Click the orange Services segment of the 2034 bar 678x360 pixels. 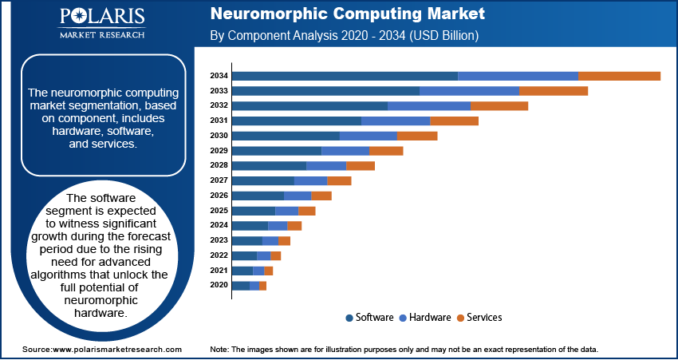619,76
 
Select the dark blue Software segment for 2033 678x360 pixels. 325,91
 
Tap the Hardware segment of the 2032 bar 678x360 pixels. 428,105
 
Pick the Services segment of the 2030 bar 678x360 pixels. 417,136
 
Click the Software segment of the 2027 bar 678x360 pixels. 262,180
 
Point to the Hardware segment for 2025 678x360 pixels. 286,211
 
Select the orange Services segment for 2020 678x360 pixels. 263,285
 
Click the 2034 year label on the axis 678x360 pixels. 219,76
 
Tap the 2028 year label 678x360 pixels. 219,165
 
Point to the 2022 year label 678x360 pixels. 219,255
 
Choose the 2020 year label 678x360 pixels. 219,285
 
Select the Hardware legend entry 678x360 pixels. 430,318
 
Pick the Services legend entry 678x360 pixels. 484,318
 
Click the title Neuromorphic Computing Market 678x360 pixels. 346,15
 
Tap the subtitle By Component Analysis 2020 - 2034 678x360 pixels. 343,36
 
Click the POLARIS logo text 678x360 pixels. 101,18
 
